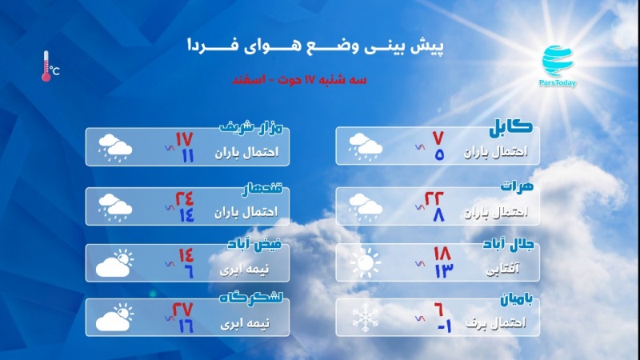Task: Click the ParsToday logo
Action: (x=558, y=66)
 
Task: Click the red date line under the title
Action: (x=299, y=79)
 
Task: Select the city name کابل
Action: (x=510, y=127)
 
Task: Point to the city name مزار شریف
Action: (x=251, y=128)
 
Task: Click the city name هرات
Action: (x=517, y=186)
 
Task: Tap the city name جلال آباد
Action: (x=508, y=244)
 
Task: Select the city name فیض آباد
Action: (x=254, y=244)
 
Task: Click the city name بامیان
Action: (x=517, y=299)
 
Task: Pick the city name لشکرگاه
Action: (x=251, y=298)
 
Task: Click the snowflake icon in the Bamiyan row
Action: (x=366, y=317)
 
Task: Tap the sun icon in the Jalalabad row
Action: (x=366, y=262)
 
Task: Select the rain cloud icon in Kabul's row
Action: (x=366, y=147)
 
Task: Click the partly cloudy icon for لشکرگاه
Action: (x=114, y=317)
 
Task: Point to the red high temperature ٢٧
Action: (x=182, y=310)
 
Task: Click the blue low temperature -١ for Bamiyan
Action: (x=445, y=326)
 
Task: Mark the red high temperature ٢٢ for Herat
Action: (x=434, y=198)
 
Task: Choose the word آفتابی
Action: (x=503, y=269)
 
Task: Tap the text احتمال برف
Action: (x=496, y=323)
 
